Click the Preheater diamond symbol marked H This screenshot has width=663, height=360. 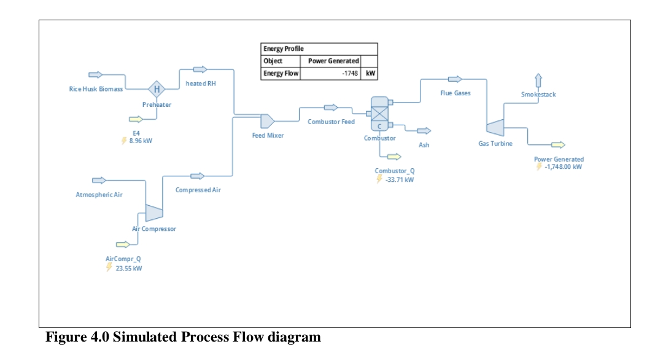coord(157,89)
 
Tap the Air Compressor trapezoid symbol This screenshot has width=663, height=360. coord(153,212)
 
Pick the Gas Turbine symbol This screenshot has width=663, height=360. coord(494,127)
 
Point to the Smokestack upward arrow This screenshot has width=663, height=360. coord(538,80)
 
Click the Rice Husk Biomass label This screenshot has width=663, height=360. coord(96,89)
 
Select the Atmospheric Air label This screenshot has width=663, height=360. coord(99,195)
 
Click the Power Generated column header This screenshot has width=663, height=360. coord(330,61)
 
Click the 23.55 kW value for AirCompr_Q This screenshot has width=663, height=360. coord(129,268)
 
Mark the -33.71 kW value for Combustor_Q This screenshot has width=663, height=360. coord(399,180)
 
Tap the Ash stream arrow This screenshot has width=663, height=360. coord(424,131)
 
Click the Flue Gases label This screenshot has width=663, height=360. coord(456,93)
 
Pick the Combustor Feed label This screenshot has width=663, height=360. coord(331,122)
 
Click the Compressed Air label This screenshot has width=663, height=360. coord(198,190)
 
